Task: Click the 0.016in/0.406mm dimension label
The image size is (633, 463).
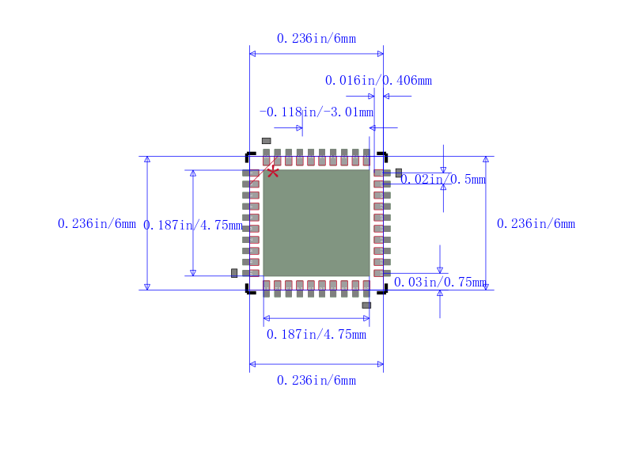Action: pos(378,80)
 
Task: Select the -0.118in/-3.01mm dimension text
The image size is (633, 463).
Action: pos(316,112)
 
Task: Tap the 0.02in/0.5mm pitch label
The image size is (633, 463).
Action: pos(443,179)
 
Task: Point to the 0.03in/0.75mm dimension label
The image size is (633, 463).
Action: pos(440,282)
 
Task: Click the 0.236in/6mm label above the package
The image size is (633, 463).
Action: pos(316,38)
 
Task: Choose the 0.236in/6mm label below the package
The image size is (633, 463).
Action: pos(316,380)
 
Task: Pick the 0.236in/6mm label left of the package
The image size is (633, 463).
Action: pos(97,224)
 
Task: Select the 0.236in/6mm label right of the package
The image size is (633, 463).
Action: pos(536,224)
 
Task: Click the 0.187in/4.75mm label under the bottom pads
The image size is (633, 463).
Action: pos(316,334)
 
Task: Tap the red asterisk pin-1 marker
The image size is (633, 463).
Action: pos(273,173)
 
